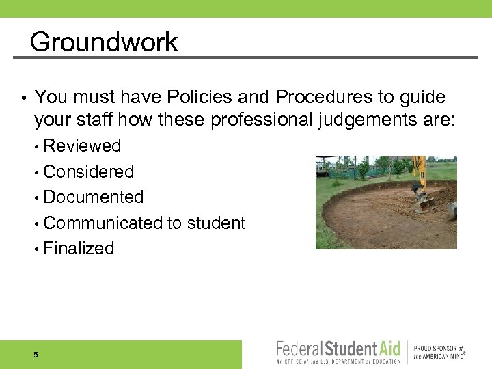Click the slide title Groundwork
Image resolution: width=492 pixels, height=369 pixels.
coord(103,42)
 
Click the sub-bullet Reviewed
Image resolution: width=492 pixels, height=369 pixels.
coord(82,146)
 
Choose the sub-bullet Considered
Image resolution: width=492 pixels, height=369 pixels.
coord(88,172)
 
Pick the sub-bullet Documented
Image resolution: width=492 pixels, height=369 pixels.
coord(93,197)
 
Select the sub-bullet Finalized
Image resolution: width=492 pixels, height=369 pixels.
coord(79,248)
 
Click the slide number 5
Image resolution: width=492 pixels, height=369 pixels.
coord(35,355)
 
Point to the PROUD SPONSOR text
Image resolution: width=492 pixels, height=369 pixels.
coord(438,348)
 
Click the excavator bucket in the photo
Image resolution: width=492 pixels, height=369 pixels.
coord(426,203)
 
